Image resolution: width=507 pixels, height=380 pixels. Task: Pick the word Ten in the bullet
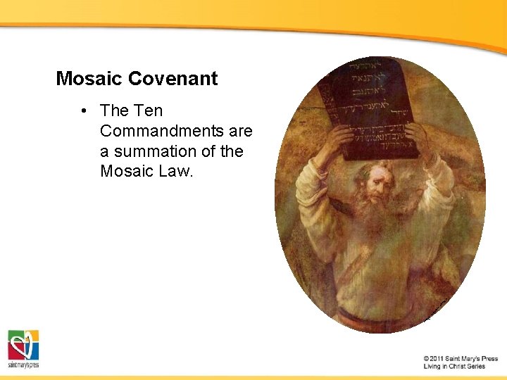click(x=148, y=110)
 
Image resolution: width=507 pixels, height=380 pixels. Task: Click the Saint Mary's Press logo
click(x=23, y=348)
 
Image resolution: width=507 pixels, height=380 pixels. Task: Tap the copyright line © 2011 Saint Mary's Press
click(x=461, y=359)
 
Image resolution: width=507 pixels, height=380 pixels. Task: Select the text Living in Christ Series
click(x=454, y=367)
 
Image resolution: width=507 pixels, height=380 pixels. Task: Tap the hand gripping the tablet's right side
click(x=417, y=135)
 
